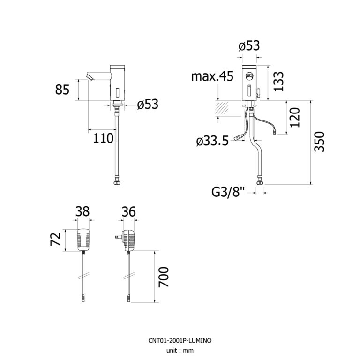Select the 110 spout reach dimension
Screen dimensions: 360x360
(x=103, y=138)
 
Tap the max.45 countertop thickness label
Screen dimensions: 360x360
(x=212, y=76)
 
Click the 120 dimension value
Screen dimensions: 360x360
(x=294, y=117)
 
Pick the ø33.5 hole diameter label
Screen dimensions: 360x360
(x=213, y=140)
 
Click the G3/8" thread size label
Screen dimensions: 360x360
(x=228, y=191)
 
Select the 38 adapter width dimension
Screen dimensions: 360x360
(x=83, y=211)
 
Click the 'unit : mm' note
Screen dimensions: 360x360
(x=180, y=350)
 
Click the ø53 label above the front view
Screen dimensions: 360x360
(x=248, y=46)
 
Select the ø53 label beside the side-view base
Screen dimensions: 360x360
(x=148, y=104)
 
